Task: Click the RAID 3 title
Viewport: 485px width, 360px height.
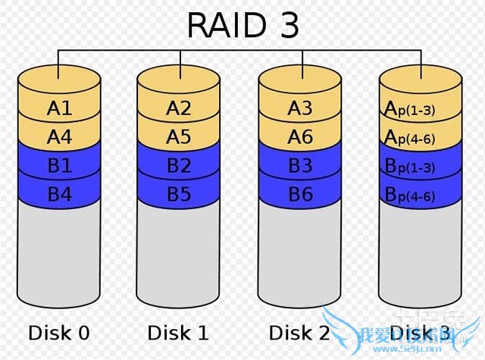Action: click(242, 25)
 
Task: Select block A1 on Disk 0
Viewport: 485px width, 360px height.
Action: click(59, 108)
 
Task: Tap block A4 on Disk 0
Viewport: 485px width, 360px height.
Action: click(59, 137)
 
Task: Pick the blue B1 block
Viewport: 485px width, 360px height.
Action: click(59, 166)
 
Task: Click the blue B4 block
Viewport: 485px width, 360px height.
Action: click(59, 194)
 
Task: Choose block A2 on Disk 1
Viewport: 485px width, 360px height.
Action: click(179, 108)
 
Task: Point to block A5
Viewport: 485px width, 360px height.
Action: click(179, 137)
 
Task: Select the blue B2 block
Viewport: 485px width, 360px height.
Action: click(179, 166)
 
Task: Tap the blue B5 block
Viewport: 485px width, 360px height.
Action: click(179, 194)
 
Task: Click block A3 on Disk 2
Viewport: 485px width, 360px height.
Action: click(300, 108)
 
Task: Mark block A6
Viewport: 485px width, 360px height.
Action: click(300, 137)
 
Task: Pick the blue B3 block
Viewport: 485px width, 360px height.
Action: click(300, 166)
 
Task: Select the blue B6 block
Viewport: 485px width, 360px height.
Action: click(300, 194)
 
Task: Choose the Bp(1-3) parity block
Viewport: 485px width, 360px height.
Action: click(420, 166)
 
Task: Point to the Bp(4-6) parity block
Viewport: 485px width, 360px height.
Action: click(420, 195)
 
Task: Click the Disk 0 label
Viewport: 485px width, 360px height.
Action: click(59, 332)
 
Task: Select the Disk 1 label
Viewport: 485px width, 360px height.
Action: click(179, 332)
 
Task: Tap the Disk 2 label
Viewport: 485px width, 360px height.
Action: click(300, 332)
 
